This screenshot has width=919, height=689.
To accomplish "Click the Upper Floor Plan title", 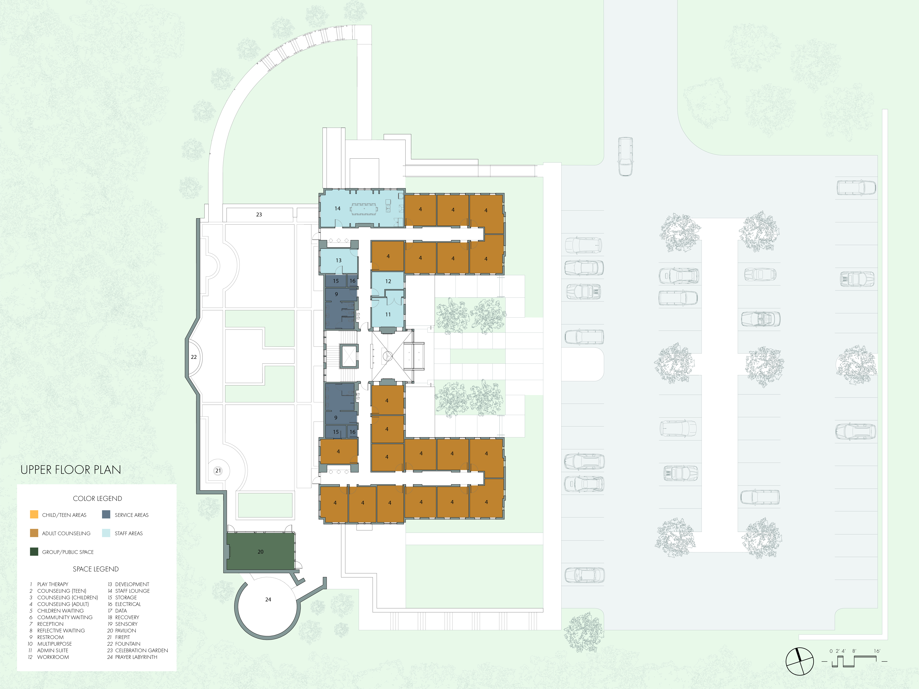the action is [71, 470].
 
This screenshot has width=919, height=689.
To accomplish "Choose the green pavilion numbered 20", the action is [261, 552].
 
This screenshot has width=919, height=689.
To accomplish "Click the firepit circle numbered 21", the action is [218, 471].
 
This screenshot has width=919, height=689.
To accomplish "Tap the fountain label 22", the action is [194, 357].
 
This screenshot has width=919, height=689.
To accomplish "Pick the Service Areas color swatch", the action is [106, 515].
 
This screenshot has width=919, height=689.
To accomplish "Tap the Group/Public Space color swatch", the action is [34, 552].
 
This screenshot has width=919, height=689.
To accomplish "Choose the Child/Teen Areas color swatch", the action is [34, 515].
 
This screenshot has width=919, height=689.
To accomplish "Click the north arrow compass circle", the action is [799, 661].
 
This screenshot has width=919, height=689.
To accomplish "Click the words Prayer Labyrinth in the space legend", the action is [136, 657].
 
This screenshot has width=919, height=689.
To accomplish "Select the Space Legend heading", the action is [96, 569].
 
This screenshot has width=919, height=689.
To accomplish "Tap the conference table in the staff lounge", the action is [364, 208].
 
